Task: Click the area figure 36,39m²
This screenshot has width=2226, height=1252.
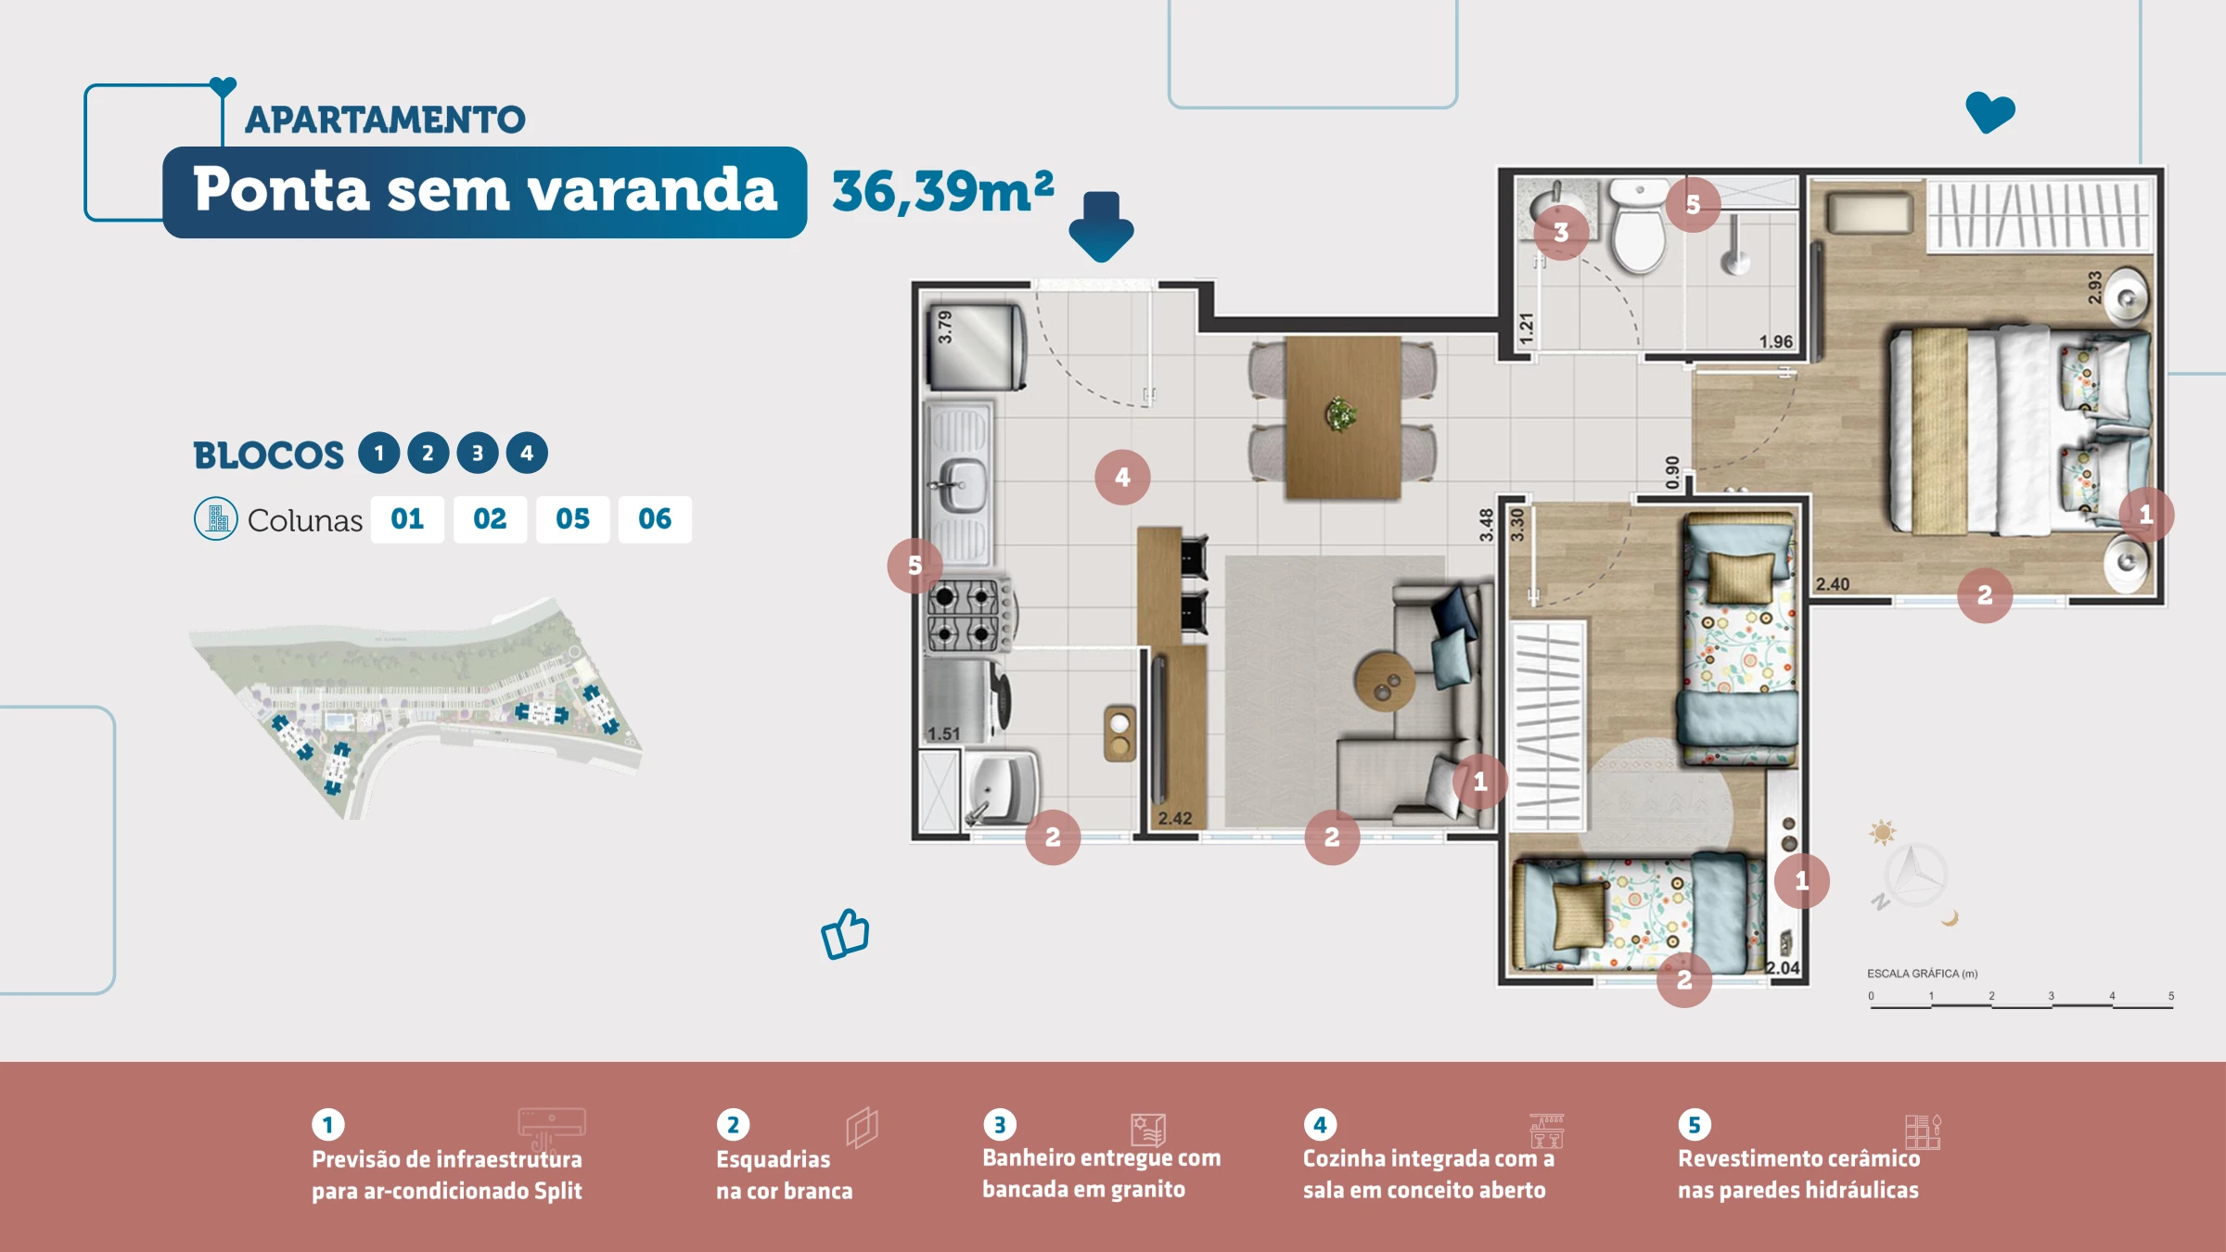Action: [942, 191]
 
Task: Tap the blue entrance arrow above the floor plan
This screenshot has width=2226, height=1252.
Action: [1101, 226]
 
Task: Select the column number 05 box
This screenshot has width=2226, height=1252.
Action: [572, 518]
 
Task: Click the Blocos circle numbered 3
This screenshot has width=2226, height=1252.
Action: [478, 453]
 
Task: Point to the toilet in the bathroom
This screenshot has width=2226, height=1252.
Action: [1639, 227]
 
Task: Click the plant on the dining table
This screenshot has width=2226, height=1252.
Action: [1340, 414]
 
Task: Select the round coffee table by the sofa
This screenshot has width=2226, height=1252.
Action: [1385, 682]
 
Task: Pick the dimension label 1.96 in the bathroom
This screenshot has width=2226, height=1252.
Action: [1775, 341]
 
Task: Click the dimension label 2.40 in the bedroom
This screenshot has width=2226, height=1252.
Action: [1832, 584]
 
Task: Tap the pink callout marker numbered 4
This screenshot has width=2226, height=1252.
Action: [1122, 477]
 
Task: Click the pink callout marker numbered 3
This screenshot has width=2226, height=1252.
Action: [1561, 232]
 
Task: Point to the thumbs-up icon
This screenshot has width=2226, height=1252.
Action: [845, 934]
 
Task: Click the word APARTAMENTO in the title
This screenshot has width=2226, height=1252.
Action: [385, 120]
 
